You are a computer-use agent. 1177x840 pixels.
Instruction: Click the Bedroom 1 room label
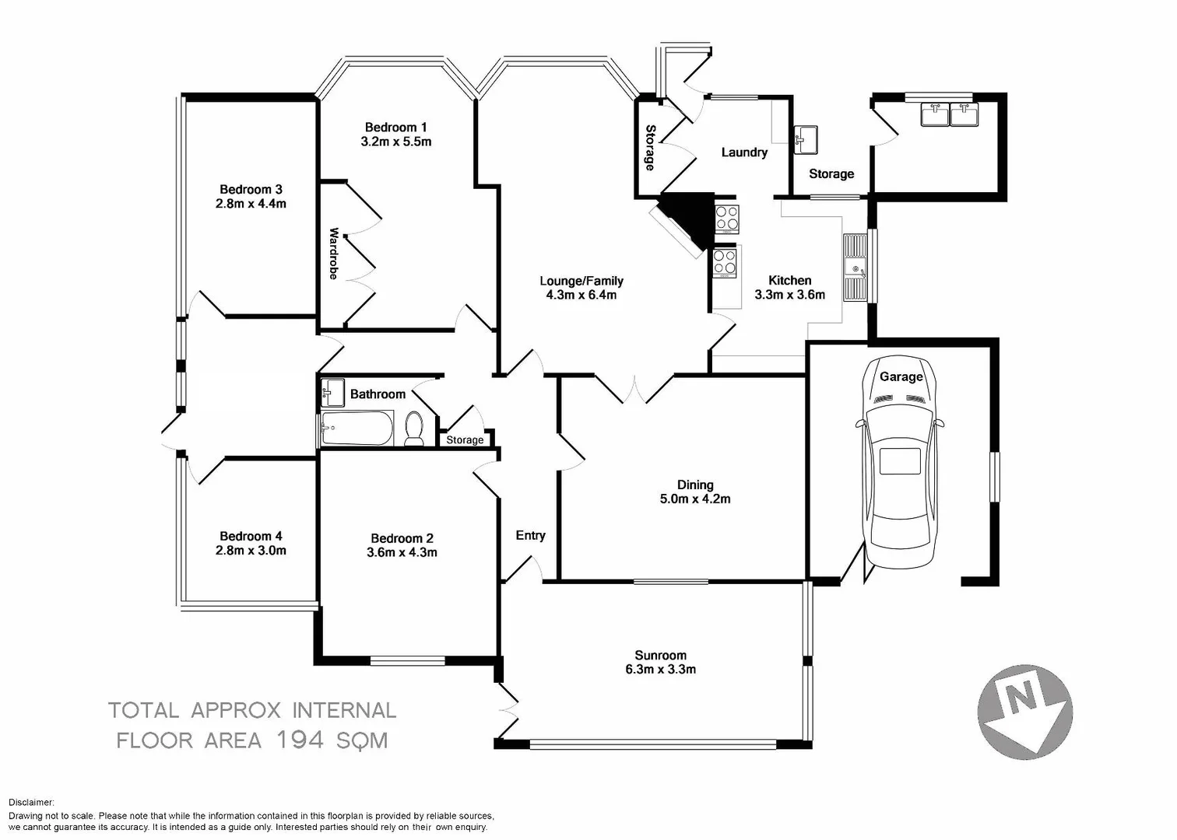(x=396, y=128)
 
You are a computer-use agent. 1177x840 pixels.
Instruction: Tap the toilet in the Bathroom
(x=414, y=429)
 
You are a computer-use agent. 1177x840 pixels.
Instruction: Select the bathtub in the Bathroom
(x=357, y=429)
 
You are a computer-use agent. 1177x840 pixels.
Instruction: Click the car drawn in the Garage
(x=900, y=464)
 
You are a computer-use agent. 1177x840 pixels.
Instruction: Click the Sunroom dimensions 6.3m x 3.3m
(x=660, y=669)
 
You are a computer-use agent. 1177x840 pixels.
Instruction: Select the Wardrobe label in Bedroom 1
(x=333, y=254)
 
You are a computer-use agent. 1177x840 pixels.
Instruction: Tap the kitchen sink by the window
(x=855, y=268)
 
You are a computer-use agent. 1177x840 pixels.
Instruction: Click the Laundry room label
(x=744, y=152)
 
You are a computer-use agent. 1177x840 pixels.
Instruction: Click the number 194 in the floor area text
(x=300, y=740)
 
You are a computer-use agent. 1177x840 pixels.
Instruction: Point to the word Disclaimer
(x=32, y=803)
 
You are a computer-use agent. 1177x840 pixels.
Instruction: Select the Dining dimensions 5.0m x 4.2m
(x=695, y=499)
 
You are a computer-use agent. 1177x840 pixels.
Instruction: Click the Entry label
(x=530, y=535)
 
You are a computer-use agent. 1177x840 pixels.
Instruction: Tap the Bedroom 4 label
(x=251, y=536)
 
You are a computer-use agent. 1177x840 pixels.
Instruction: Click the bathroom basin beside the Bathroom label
(x=332, y=392)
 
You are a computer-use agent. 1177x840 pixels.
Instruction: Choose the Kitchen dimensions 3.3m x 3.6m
(x=789, y=295)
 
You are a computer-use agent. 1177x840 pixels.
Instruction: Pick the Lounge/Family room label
(x=581, y=281)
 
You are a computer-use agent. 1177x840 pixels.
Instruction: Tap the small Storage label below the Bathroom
(x=465, y=440)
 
